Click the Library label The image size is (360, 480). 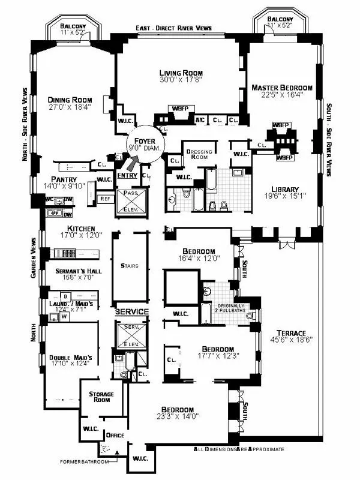pos(284,189)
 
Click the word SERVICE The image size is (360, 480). pos(131,312)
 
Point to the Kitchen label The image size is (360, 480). pos(82,229)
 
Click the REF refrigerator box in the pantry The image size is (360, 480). pos(104,199)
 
